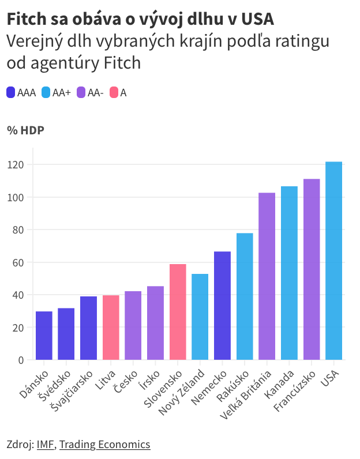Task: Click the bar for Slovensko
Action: tap(178, 312)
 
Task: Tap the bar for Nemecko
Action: tap(222, 306)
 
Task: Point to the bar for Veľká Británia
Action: tap(267, 276)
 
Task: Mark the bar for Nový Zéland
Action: tap(200, 317)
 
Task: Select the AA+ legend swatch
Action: tap(46, 92)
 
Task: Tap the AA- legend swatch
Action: tap(81, 92)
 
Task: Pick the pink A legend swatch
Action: tap(114, 92)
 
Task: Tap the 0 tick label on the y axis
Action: tap(21, 360)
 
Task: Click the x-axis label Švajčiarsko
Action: tap(74, 390)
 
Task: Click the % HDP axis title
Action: tap(25, 130)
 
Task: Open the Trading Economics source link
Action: tap(104, 444)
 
